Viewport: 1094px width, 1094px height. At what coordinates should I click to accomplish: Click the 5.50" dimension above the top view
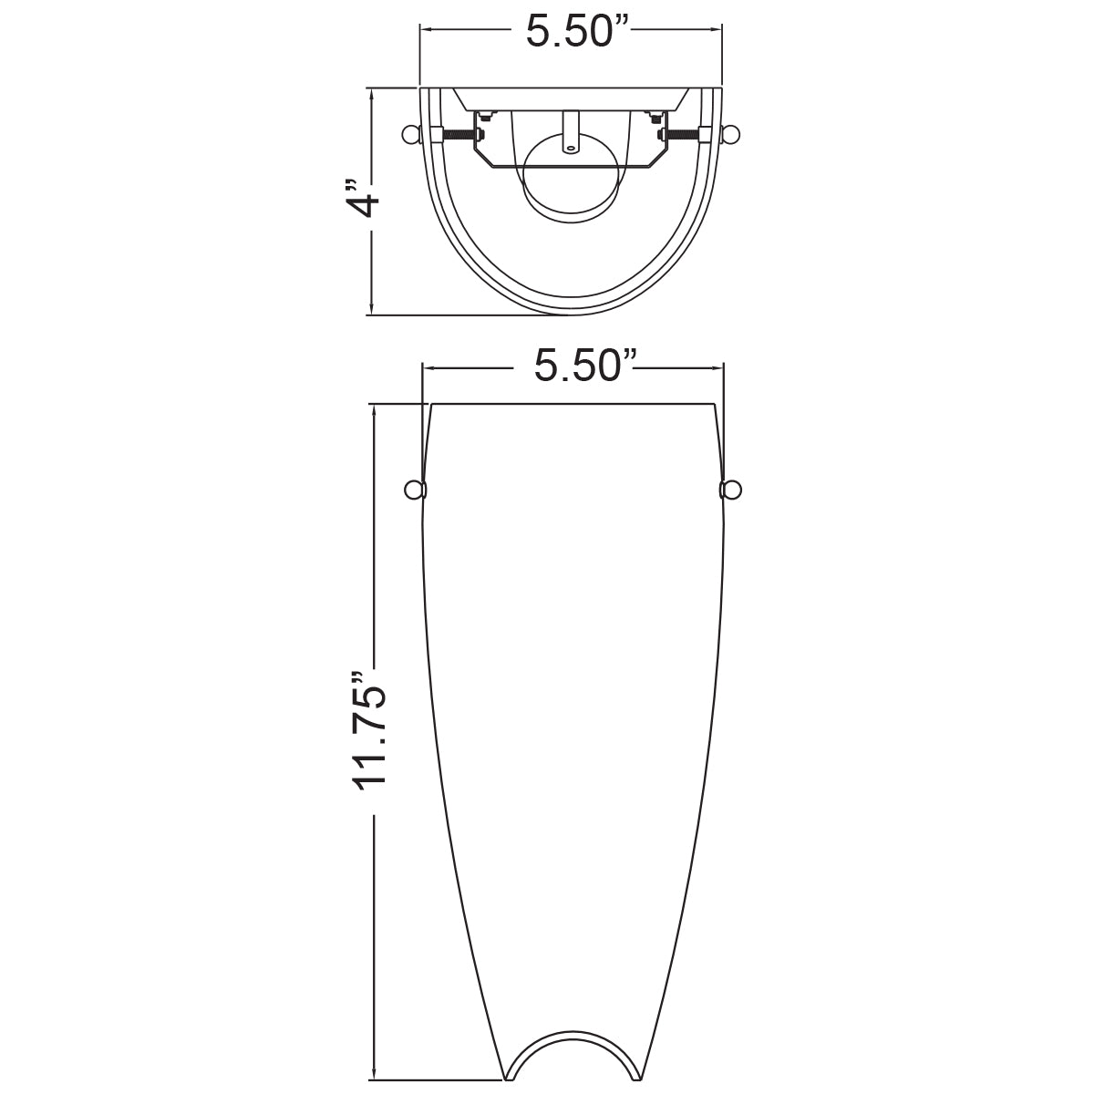point(571,31)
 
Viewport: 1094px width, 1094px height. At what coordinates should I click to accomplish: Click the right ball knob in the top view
point(731,135)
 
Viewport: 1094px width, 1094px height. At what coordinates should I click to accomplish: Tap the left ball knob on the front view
point(415,490)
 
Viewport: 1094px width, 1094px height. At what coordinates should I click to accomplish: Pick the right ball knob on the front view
point(730,490)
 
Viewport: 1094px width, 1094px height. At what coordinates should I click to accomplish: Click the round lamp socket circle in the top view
point(571,178)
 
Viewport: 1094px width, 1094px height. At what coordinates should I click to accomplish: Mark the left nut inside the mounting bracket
point(485,117)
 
